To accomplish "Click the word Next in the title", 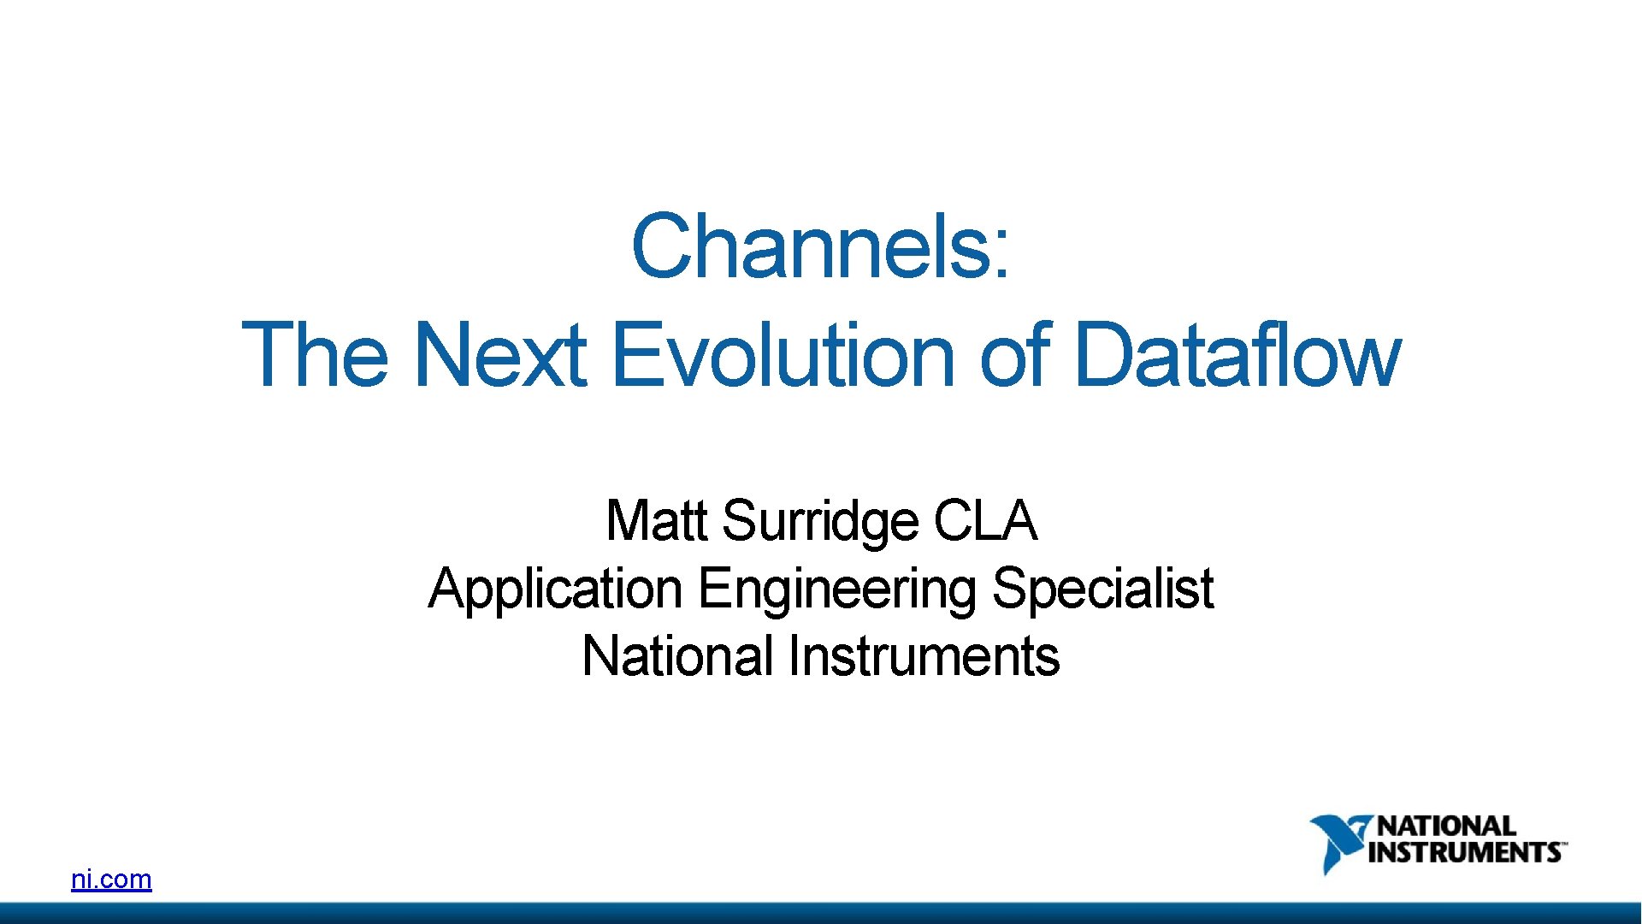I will (500, 354).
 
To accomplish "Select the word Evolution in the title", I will (783, 354).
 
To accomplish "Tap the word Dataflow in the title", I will (1236, 354).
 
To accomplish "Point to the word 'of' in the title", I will (1014, 354).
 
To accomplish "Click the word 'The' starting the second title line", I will (315, 354).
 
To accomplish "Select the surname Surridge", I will (819, 522).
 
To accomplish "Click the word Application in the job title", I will (555, 590).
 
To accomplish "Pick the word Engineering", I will (836, 590).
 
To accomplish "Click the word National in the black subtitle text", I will (677, 656).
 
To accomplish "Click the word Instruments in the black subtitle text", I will (924, 656).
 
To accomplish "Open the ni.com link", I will (111, 879).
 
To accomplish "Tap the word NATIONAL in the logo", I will (1445, 826).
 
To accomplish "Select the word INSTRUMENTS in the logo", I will (1464, 853).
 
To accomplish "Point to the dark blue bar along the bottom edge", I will (821, 913).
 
